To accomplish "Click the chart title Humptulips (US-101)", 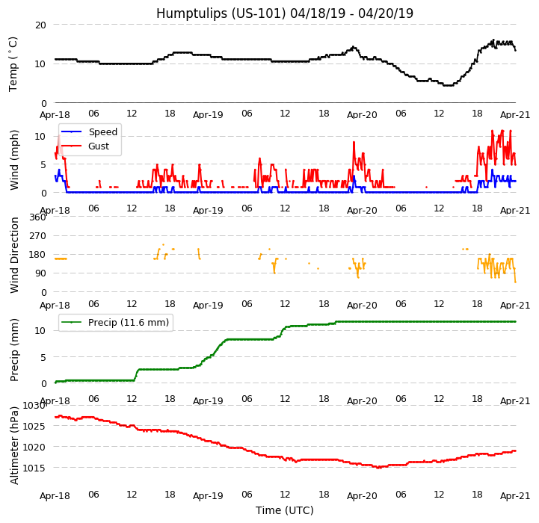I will pyautogui.click(x=284, y=13).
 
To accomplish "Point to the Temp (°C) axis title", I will pyautogui.click(x=13, y=64).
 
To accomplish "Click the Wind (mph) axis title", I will pyautogui.click(x=14, y=159).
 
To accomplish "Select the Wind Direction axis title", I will pyautogui.click(x=14, y=255).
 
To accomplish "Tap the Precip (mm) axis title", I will pyautogui.click(x=14, y=350).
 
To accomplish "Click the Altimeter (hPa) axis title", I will pyautogui.click(x=14, y=445).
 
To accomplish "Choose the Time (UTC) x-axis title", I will pyautogui.click(x=284, y=510).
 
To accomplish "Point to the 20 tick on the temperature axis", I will pyautogui.click(x=40, y=25).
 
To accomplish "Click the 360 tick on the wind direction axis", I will pyautogui.click(x=37, y=217).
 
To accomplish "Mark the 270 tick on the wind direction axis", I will pyautogui.click(x=37, y=236).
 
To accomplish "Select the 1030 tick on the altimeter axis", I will pyautogui.click(x=34, y=406).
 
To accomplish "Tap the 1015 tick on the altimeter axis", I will pyautogui.click(x=34, y=468).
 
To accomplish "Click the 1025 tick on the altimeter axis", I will pyautogui.click(x=34, y=427).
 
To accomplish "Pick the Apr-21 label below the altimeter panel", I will pyautogui.click(x=515, y=495).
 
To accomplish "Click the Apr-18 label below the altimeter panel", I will pyautogui.click(x=55, y=495).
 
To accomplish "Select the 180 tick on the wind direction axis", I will pyautogui.click(x=37, y=255).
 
